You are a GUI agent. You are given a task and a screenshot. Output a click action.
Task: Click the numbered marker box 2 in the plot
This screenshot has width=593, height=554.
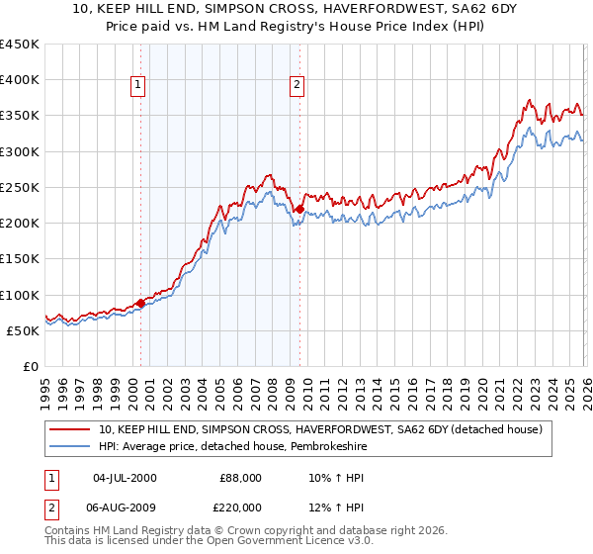(x=296, y=86)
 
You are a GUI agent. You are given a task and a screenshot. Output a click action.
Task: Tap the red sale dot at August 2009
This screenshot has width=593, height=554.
(x=299, y=209)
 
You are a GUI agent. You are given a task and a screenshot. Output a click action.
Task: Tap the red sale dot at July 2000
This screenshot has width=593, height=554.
(x=140, y=303)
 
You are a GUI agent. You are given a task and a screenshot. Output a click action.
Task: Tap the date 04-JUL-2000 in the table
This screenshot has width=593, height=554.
(x=125, y=478)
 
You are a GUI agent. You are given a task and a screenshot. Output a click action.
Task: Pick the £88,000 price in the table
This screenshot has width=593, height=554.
(x=240, y=478)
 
